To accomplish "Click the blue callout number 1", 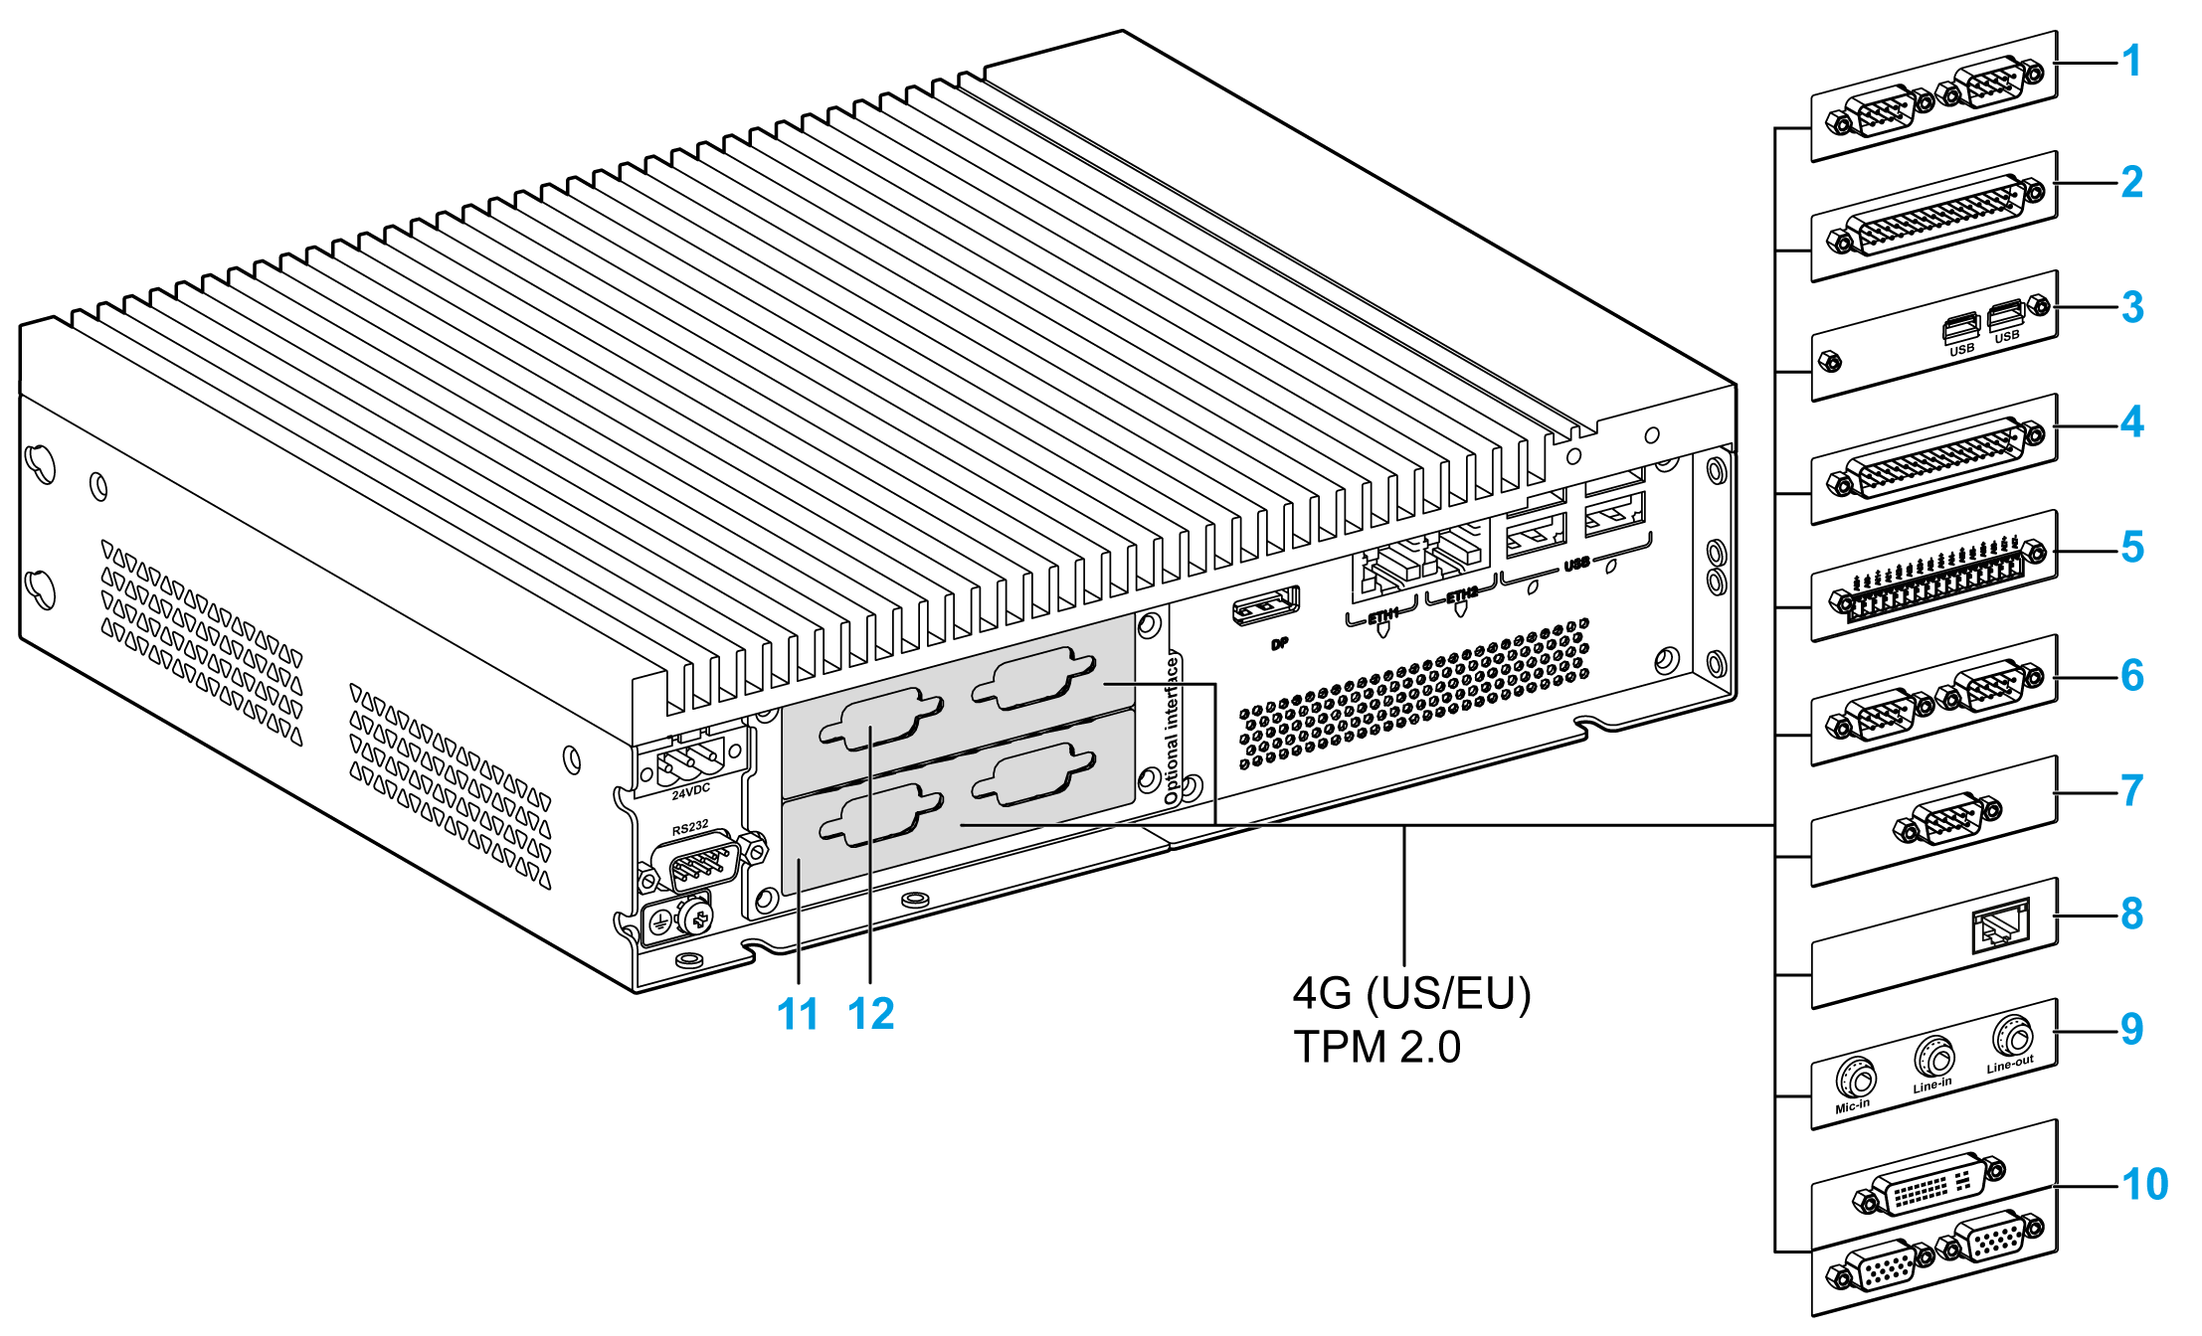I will tap(2130, 62).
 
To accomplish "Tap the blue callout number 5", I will tap(2131, 548).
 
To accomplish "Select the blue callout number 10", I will tap(2144, 1185).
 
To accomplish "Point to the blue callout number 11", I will tap(798, 1015).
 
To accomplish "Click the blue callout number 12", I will tap(871, 1015).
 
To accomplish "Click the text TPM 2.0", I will tap(1376, 1048).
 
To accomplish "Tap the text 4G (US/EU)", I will tap(1411, 994).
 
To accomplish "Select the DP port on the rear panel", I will tap(1265, 606).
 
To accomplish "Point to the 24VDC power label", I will tap(690, 791).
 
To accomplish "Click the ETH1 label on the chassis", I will tap(1382, 616).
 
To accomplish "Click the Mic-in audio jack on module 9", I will tap(1855, 1078).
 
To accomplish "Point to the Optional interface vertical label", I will tap(1172, 731).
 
